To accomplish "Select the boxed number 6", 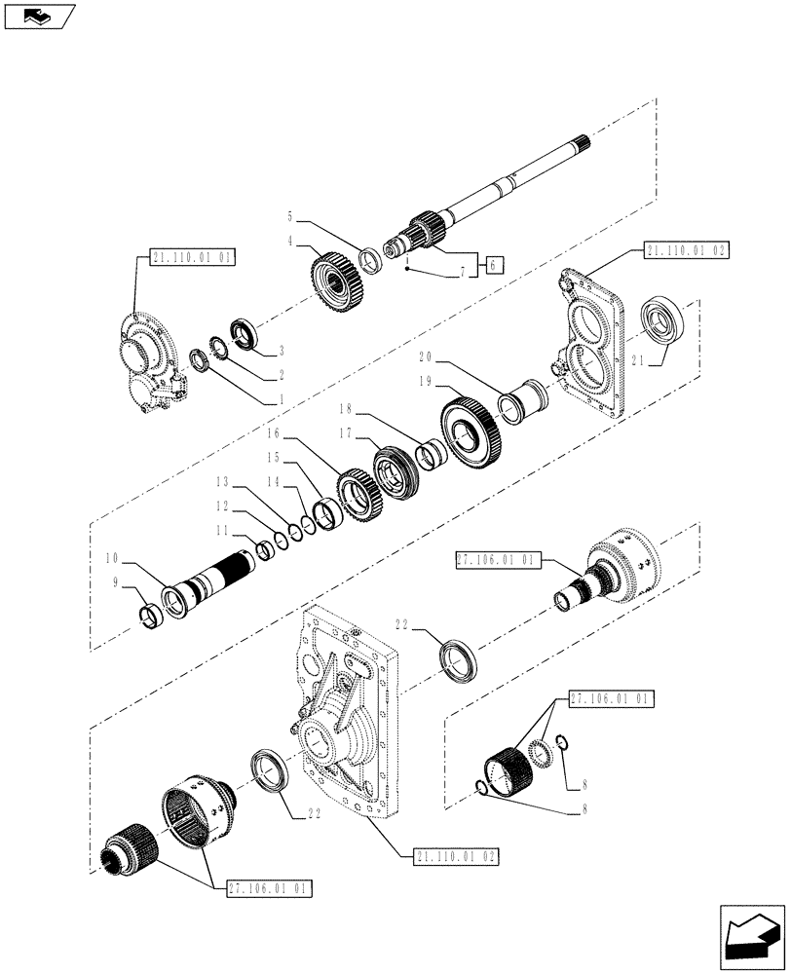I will [x=494, y=264].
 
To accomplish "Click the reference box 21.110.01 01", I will [x=193, y=257].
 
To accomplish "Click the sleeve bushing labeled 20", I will [x=518, y=399].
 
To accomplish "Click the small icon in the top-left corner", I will [x=39, y=16].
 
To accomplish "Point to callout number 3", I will [x=281, y=349].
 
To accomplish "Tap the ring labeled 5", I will [x=370, y=260].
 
